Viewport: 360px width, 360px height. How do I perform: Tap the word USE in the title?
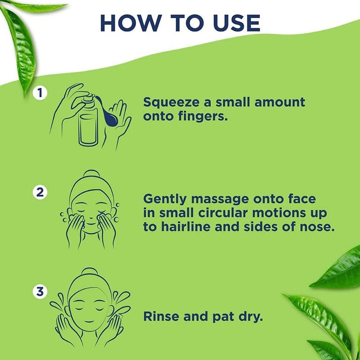click(x=237, y=23)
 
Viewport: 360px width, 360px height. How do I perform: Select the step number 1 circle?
click(x=40, y=93)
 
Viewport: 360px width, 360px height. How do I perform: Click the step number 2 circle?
click(x=40, y=192)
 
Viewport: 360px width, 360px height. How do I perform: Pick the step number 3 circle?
click(x=40, y=292)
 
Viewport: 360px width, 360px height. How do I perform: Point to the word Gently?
click(x=165, y=199)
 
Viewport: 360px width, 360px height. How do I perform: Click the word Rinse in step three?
click(x=162, y=316)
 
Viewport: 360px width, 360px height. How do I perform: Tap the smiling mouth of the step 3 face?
click(x=89, y=321)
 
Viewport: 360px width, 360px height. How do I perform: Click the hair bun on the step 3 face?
click(x=90, y=272)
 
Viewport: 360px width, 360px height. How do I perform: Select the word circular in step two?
click(x=223, y=213)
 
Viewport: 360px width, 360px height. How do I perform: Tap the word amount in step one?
click(x=280, y=103)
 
